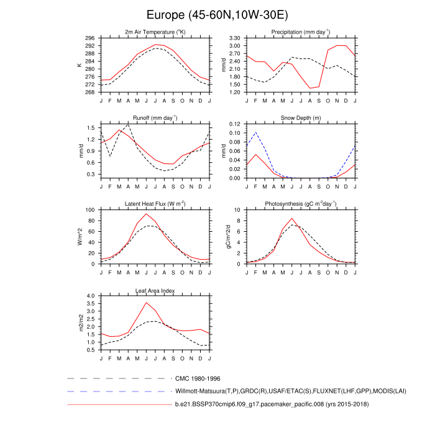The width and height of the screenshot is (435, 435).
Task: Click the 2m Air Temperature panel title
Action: click(x=155, y=32)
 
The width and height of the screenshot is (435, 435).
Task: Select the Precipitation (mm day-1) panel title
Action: click(x=301, y=32)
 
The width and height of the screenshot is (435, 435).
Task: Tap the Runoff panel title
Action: click(x=155, y=117)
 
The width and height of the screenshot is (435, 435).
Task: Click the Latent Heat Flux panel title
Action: click(x=155, y=204)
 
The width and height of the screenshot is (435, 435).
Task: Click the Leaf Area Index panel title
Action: click(x=155, y=290)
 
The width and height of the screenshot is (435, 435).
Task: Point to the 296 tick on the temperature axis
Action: click(x=90, y=38)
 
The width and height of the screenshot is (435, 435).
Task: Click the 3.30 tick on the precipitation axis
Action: click(x=234, y=38)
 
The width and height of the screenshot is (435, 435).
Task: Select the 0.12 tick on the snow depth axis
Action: click(x=234, y=124)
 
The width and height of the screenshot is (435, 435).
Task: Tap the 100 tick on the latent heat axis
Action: click(x=90, y=210)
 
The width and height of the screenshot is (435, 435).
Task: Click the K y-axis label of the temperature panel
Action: click(x=80, y=65)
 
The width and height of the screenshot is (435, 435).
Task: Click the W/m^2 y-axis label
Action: click(x=80, y=237)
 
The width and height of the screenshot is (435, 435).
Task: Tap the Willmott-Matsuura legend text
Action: click(x=268, y=391)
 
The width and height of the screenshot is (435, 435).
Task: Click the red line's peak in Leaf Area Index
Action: click(x=146, y=303)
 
